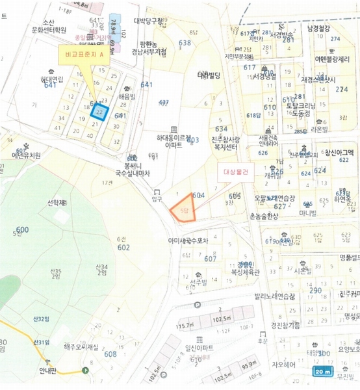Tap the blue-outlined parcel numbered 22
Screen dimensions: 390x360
pos(98,112)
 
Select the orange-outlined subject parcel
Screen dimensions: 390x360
pos(184,207)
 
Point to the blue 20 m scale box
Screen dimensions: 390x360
pos(323,372)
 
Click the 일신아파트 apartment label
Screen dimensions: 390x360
pos(200,348)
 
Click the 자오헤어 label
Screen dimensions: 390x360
pos(284,364)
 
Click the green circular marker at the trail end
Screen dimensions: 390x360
pos(86,370)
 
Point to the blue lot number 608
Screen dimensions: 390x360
pos(110,354)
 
